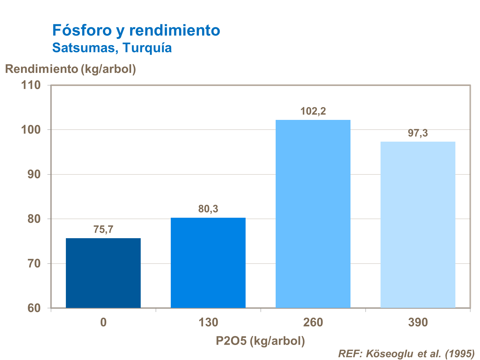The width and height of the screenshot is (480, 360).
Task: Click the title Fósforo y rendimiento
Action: point(136,30)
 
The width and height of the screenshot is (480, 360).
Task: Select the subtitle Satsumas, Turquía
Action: point(112,48)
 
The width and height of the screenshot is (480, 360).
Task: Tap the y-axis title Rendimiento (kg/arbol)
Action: point(70,69)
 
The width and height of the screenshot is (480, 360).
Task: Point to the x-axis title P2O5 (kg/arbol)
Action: point(260,341)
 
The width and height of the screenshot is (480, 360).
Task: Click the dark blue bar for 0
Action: point(103,273)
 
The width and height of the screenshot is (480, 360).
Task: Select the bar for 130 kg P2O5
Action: point(208,263)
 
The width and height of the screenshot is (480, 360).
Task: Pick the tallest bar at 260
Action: point(313,214)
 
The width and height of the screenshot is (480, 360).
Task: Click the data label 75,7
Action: point(103,230)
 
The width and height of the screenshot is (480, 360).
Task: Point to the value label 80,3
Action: point(208,209)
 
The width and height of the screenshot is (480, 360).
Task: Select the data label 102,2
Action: point(313,111)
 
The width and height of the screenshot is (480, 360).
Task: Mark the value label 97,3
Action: point(418,133)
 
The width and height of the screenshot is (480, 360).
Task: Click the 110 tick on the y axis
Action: point(31,85)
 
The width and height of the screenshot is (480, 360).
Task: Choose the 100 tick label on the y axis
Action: point(31,130)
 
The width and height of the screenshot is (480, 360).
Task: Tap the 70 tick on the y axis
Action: point(34,264)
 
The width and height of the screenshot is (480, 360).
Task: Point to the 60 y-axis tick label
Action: point(34,308)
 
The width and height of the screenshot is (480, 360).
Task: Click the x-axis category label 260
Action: point(313,322)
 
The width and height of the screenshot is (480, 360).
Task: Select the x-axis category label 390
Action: point(418,322)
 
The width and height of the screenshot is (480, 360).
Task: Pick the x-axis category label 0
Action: point(103,322)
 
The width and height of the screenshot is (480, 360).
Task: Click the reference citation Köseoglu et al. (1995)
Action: point(406,354)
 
